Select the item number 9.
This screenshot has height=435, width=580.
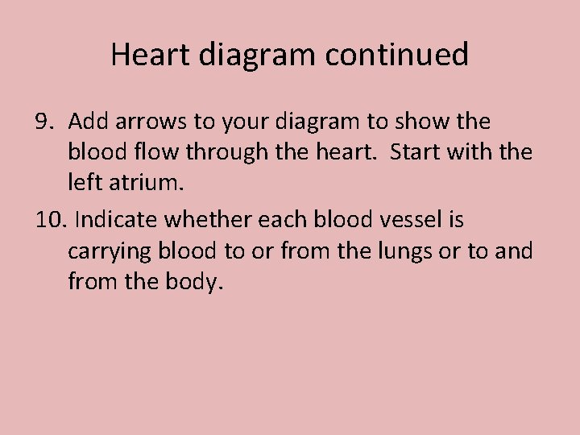click(44, 122)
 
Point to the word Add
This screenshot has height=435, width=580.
click(86, 122)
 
